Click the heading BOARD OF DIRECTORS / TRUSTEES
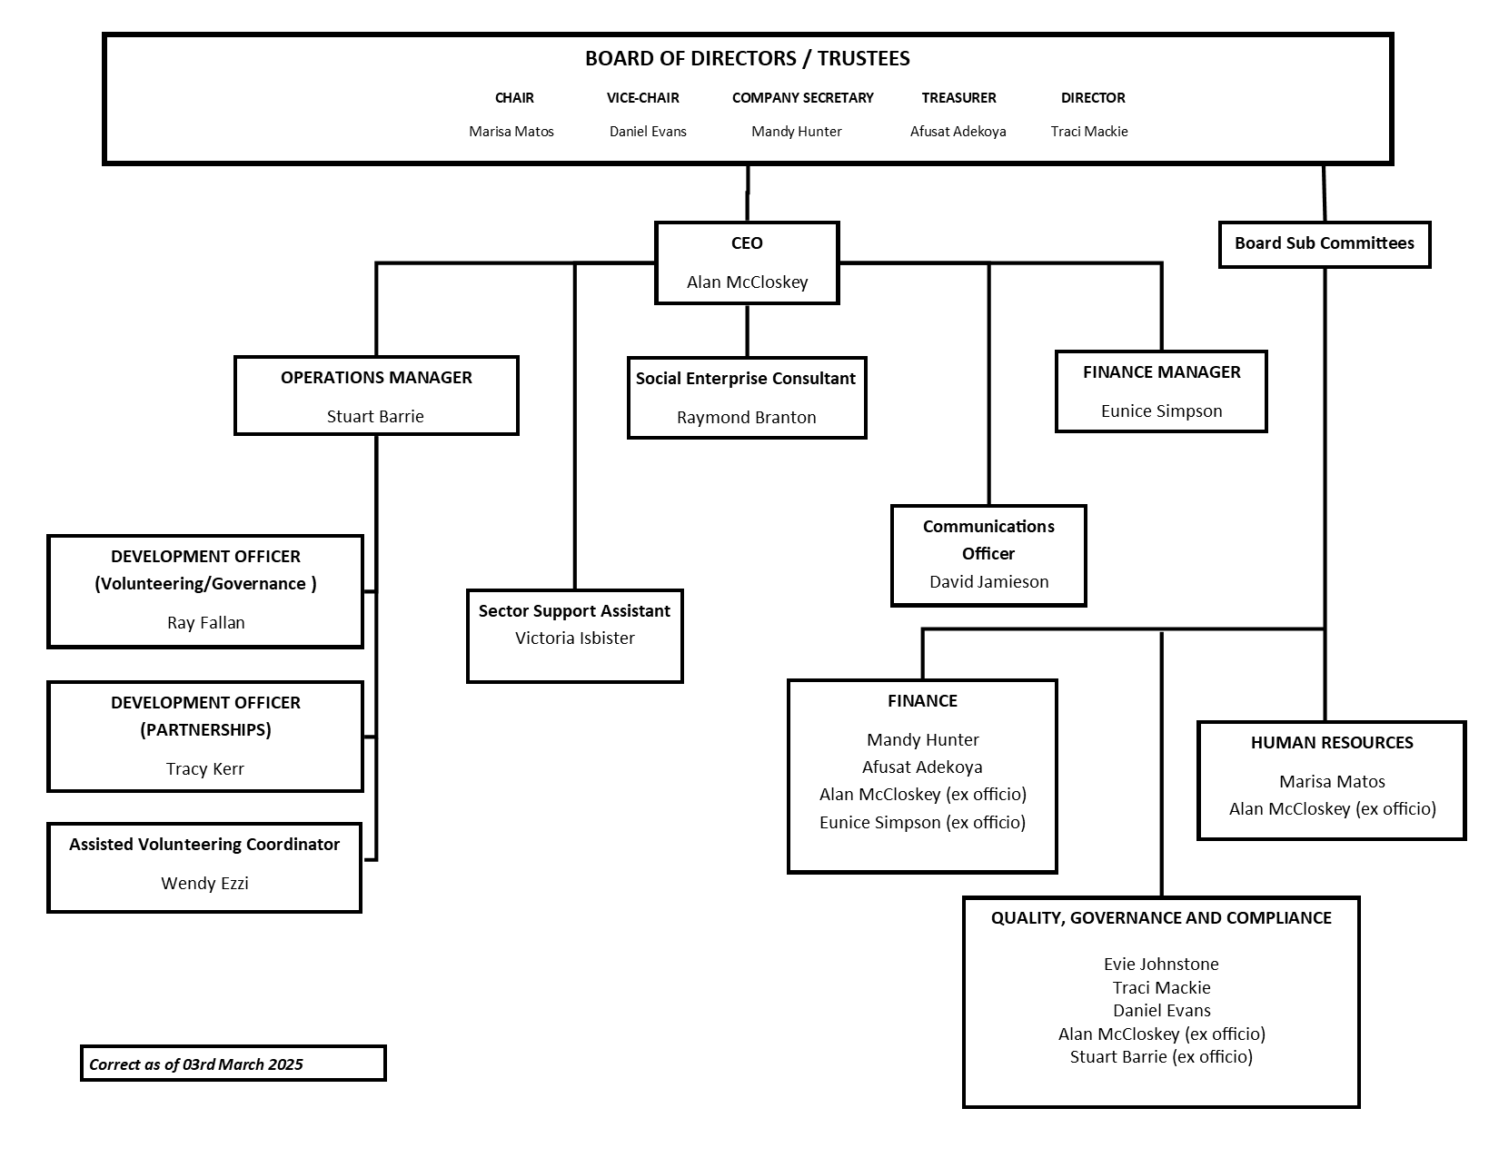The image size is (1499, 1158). pyautogui.click(x=747, y=59)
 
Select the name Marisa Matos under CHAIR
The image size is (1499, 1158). pyautogui.click(x=511, y=132)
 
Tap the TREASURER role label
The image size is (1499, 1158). pyautogui.click(x=958, y=98)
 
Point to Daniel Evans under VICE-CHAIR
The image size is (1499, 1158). pyautogui.click(x=648, y=132)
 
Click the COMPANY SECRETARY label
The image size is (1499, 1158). pyautogui.click(x=803, y=98)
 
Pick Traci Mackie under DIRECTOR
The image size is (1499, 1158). pyautogui.click(x=1089, y=132)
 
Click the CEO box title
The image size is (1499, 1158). pyautogui.click(x=747, y=243)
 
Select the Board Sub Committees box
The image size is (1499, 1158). pyautogui.click(x=1325, y=244)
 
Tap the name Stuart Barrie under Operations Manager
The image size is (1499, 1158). pyautogui.click(x=375, y=417)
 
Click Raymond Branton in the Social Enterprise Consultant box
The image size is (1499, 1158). pyautogui.click(x=747, y=417)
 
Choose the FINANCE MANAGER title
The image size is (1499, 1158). pyautogui.click(x=1162, y=372)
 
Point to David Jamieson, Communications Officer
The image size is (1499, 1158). pyautogui.click(x=989, y=582)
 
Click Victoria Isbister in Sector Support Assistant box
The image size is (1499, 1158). pyautogui.click(x=575, y=638)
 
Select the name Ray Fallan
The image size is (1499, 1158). pyautogui.click(x=205, y=623)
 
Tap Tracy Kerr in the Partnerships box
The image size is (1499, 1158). pyautogui.click(x=205, y=769)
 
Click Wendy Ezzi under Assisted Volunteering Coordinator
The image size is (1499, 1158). pyautogui.click(x=205, y=884)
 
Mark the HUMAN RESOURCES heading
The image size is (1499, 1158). pyautogui.click(x=1332, y=743)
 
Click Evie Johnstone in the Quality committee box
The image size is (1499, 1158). pyautogui.click(x=1161, y=965)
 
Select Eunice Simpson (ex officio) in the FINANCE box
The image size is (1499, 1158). pyautogui.click(x=922, y=823)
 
